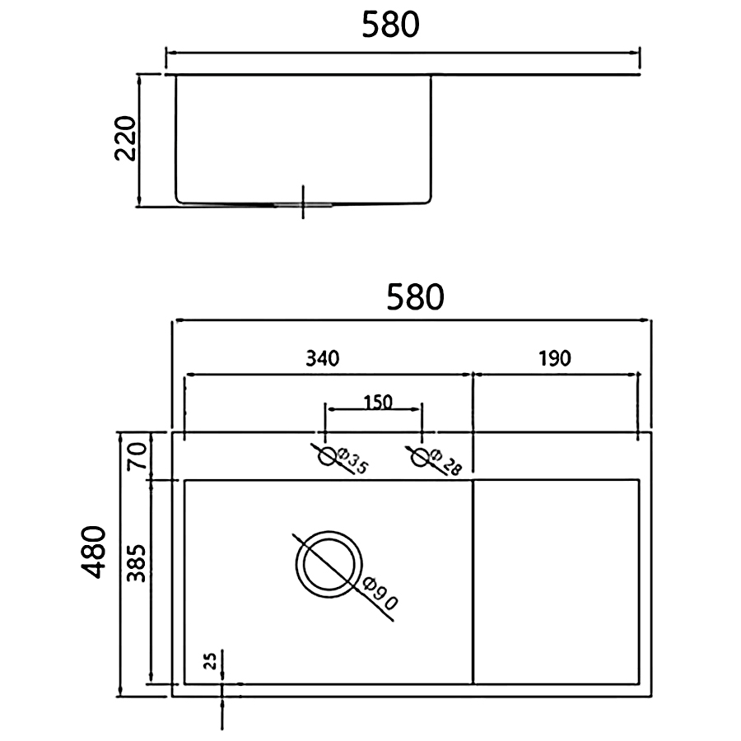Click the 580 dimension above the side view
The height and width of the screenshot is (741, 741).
tap(390, 25)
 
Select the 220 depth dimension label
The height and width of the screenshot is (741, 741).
tap(126, 138)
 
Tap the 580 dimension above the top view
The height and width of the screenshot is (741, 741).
tap(416, 296)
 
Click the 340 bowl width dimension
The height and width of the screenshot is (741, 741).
tap(322, 358)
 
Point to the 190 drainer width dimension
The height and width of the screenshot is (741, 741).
tap(555, 358)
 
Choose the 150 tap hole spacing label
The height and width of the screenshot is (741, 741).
tap(378, 402)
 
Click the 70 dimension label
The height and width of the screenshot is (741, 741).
tap(137, 455)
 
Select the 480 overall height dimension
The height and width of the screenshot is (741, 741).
tap(93, 552)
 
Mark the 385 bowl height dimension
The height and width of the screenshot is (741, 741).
tap(137, 563)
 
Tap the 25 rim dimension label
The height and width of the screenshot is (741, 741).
tap(212, 660)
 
